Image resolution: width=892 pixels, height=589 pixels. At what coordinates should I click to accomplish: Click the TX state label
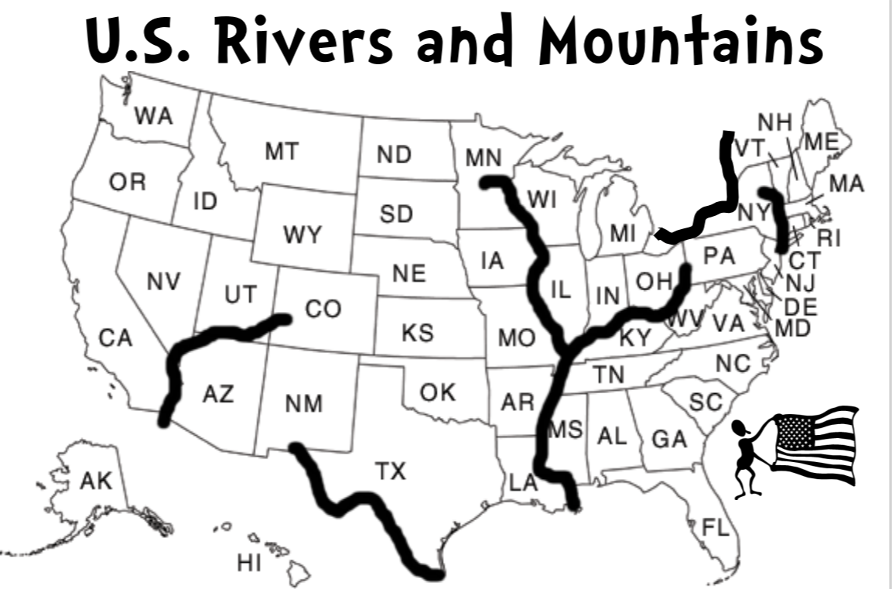[391, 470]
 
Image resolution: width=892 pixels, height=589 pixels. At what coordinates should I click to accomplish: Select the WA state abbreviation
[153, 116]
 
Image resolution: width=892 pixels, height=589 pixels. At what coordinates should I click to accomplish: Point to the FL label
[716, 529]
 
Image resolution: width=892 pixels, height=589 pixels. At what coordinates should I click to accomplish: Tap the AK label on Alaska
[96, 481]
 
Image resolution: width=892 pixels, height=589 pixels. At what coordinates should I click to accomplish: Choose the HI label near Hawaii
[249, 563]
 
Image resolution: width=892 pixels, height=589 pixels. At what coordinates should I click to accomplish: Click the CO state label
[323, 310]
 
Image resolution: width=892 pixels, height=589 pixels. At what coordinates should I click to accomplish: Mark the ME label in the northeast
[821, 142]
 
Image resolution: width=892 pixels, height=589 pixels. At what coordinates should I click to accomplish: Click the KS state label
[418, 334]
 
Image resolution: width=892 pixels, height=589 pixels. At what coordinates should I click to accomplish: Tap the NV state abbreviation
[163, 282]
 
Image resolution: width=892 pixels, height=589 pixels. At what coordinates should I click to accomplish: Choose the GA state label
[669, 440]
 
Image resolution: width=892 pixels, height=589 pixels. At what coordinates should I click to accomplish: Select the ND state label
[394, 154]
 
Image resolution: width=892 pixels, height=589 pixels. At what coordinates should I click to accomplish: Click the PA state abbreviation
[719, 255]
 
